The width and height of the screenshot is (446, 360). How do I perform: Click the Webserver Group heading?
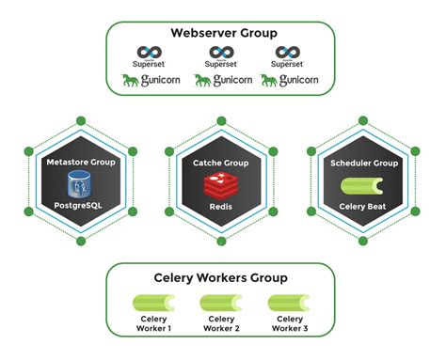[222, 34]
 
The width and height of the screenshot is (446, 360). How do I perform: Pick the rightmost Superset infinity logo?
[287, 54]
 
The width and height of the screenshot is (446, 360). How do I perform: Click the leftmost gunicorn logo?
[151, 81]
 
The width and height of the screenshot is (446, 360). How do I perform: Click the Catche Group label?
[222, 163]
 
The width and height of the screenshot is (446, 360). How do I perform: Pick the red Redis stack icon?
[222, 184]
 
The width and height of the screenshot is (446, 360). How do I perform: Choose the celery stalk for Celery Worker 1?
[152, 304]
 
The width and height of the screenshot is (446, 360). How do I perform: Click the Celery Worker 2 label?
[222, 324]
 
